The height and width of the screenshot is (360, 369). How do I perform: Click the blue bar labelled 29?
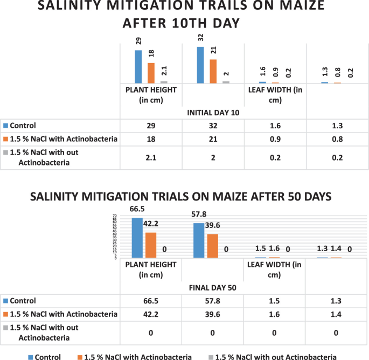click(138, 66)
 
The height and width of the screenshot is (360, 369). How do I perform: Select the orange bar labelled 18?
click(151, 73)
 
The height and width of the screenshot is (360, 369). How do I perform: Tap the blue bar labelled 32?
click(200, 65)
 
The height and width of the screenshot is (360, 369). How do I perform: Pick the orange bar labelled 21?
click(213, 71)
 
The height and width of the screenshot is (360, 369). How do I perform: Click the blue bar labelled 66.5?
click(138, 238)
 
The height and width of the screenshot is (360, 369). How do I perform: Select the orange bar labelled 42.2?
click(151, 245)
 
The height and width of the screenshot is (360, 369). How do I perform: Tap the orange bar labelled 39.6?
click(213, 246)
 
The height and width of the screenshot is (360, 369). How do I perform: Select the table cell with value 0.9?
click(275, 139)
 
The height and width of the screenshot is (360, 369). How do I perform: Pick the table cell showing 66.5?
click(151, 301)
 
